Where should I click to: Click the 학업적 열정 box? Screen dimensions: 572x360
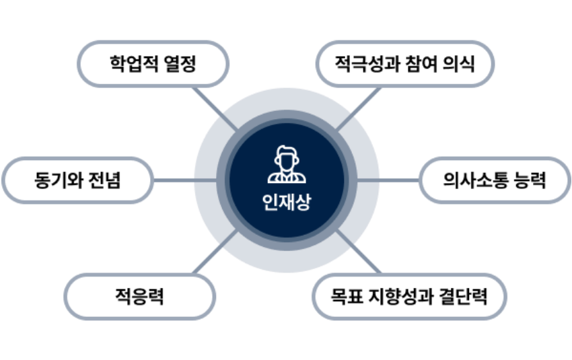coord(153,65)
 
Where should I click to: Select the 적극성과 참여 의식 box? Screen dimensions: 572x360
coord(405,65)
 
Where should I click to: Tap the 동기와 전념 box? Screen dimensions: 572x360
coord(77,180)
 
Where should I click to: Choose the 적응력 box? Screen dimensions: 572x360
coord(140,296)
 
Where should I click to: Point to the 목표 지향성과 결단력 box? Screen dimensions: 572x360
coord(409,296)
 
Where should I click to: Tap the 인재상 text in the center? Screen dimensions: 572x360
coord(286,203)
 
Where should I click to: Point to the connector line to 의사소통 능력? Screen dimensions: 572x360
coord(400,180)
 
